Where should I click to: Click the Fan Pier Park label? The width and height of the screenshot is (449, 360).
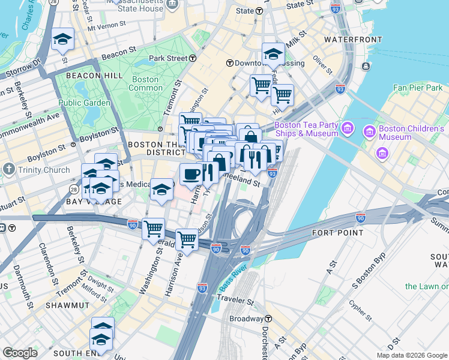coord(418,88)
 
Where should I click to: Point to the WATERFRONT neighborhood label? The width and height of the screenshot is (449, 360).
coord(353,40)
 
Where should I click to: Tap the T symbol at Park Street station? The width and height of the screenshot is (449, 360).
coord(193,58)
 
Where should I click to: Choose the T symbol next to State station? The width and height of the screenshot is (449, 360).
coord(259,11)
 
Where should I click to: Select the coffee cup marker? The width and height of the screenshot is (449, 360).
coord(191,175)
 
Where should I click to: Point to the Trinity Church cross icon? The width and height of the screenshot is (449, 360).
coord(8,170)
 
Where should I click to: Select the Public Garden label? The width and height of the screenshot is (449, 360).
coord(84,103)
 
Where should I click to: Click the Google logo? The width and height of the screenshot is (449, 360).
coord(20,352)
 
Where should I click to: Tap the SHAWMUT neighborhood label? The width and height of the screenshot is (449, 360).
coord(67,305)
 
